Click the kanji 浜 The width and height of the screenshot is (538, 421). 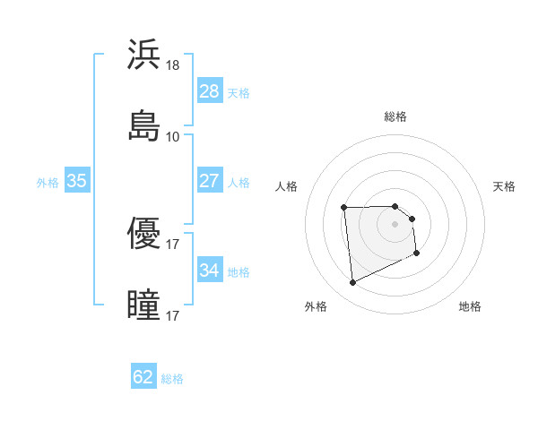point(144,55)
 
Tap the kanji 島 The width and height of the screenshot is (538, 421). point(144,125)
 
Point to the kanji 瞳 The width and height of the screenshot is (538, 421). point(144,304)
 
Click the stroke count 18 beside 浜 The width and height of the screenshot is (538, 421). point(173,65)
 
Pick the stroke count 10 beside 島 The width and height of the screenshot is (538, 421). point(173,136)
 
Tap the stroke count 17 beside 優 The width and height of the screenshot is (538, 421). point(173,244)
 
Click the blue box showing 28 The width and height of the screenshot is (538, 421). point(209,90)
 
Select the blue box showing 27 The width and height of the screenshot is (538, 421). point(209,180)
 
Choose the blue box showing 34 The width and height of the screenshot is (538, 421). point(209,270)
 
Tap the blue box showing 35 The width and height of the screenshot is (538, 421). point(77,180)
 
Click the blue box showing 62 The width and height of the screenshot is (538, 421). point(143,377)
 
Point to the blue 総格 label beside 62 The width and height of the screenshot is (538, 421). point(172,379)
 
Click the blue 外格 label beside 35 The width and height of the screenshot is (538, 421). point(48,182)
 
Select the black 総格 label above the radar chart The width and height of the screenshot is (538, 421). point(395,116)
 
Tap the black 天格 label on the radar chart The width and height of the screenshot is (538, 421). point(505,186)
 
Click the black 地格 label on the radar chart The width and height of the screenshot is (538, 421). point(470,307)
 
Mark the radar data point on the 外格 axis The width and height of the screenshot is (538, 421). point(352,283)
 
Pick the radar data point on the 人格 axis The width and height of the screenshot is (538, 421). point(344,208)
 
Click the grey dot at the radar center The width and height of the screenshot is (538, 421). point(395,224)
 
